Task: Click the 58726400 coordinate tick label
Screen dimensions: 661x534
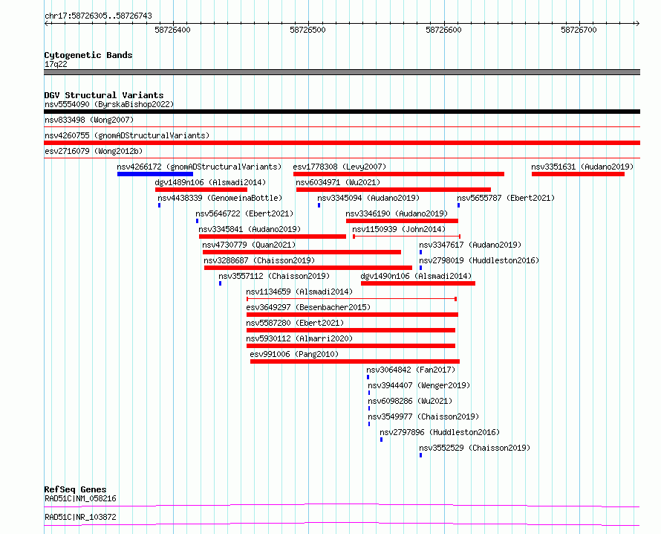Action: tap(172, 30)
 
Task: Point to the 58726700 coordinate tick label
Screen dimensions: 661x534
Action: tap(579, 30)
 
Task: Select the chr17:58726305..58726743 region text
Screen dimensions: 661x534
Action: tap(98, 16)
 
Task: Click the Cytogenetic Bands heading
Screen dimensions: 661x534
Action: tap(88, 55)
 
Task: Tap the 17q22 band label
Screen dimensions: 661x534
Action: tap(56, 64)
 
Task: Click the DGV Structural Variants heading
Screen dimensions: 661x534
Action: tap(104, 95)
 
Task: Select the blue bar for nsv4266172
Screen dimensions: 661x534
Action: tap(155, 174)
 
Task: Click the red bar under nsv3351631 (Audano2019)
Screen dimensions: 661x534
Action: tap(578, 174)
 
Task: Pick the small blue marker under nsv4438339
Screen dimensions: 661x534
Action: tap(160, 205)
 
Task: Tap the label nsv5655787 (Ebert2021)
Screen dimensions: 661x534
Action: tap(506, 198)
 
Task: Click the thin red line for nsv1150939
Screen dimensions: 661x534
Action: tap(406, 237)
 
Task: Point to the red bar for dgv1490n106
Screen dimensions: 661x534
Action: tap(418, 283)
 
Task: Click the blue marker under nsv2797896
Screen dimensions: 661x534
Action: tap(382, 440)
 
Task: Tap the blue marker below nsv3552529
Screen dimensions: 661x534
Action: tap(420, 455)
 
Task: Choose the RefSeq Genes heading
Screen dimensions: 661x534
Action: tap(75, 489)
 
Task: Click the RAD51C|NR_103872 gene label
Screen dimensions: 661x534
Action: tap(80, 517)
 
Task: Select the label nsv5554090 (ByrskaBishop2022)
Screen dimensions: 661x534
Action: tap(109, 104)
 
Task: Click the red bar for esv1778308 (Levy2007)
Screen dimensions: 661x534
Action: tap(399, 174)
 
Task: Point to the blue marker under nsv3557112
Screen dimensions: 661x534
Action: tap(220, 283)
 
